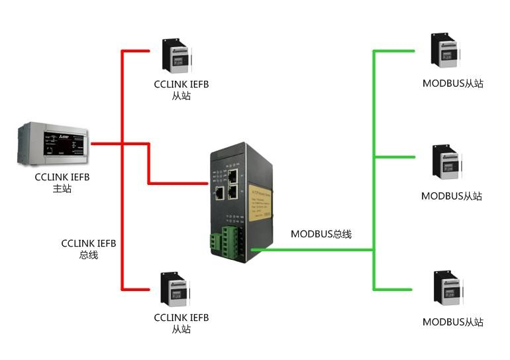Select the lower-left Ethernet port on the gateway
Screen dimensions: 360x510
220,194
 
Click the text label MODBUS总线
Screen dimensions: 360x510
321,234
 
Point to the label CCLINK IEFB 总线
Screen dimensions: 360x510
89,249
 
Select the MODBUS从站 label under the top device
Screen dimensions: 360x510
452,84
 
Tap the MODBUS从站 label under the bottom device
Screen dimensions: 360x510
452,322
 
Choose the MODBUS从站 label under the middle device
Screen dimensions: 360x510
452,196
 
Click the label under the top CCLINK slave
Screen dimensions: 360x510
181,90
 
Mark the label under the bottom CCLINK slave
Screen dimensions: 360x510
181,324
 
